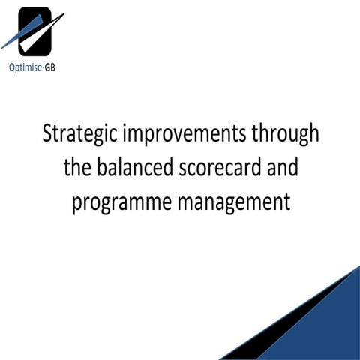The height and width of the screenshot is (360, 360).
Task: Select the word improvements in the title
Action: (180, 137)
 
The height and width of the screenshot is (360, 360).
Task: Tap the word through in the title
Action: (283, 136)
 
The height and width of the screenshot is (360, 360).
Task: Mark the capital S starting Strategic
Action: (46, 136)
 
